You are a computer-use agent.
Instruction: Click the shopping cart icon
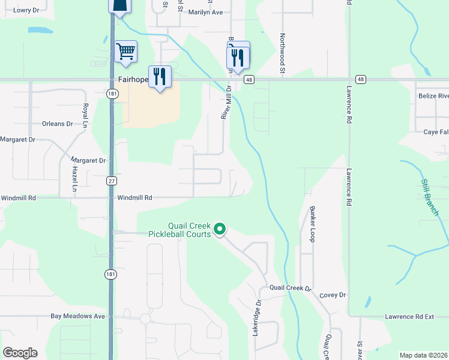point(125,52)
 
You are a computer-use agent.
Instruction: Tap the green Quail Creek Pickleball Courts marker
point(220,229)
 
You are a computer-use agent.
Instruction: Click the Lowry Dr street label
point(26,10)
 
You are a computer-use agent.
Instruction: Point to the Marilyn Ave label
point(205,11)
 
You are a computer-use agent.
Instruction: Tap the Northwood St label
point(282,50)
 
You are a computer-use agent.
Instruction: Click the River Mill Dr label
point(226,101)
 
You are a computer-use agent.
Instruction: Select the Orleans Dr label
point(58,124)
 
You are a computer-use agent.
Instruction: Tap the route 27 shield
point(112,181)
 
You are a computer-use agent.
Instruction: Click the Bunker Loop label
point(312,224)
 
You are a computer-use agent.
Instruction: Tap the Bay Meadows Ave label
point(78,316)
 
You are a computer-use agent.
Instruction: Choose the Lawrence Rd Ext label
point(409,317)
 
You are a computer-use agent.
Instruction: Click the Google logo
point(20,353)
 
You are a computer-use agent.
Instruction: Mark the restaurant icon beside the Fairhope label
point(159,76)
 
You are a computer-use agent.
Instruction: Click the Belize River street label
point(433,96)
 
